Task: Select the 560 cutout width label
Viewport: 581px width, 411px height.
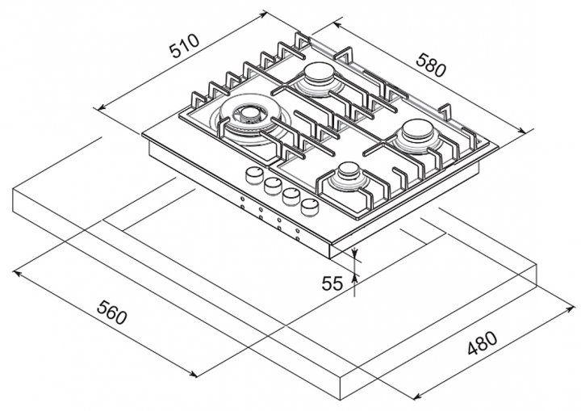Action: tap(111, 312)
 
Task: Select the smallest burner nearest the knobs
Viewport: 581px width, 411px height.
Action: tap(349, 173)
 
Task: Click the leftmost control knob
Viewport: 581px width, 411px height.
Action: tap(253, 176)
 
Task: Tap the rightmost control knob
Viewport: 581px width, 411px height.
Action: tap(307, 207)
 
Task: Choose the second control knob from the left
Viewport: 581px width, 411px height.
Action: tap(271, 186)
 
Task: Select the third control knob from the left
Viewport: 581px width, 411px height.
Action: tap(289, 195)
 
